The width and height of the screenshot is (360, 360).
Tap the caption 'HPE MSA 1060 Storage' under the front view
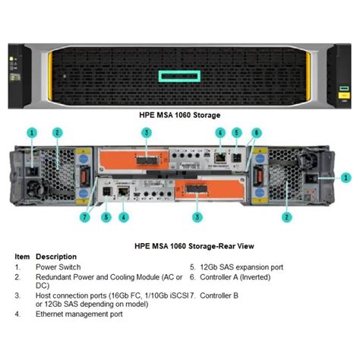point(180,115)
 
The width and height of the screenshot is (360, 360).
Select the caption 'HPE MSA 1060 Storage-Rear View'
point(180,246)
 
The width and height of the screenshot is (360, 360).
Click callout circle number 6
point(257,132)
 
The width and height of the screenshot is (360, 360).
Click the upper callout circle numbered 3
point(145,132)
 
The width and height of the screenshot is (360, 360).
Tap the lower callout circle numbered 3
point(197,217)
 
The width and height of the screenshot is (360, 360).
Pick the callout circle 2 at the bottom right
point(287,217)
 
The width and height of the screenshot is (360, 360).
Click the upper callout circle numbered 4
point(219,132)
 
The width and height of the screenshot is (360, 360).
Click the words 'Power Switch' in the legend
point(58,267)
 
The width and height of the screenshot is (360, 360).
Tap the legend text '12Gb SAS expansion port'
point(242,267)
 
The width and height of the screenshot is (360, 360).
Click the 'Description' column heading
point(56,257)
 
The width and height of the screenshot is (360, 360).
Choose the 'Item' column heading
point(22,257)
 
